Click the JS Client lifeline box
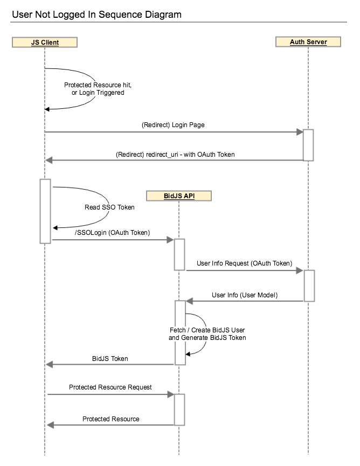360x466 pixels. point(45,41)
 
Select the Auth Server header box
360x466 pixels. point(308,41)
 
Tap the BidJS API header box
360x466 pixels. point(179,196)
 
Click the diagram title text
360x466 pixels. point(96,15)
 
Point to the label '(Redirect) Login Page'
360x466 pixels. point(173,124)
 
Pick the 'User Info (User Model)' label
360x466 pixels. point(245,295)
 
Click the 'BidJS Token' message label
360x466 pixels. point(110,358)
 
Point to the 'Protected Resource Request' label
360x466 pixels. point(110,387)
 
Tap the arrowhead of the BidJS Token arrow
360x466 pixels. point(50,365)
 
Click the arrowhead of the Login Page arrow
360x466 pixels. point(300,131)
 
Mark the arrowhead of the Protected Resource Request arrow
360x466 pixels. point(170,394)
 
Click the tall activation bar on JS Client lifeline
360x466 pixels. point(45,211)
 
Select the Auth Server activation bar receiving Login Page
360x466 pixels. point(308,144)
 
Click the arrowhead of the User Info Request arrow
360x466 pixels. point(300,271)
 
